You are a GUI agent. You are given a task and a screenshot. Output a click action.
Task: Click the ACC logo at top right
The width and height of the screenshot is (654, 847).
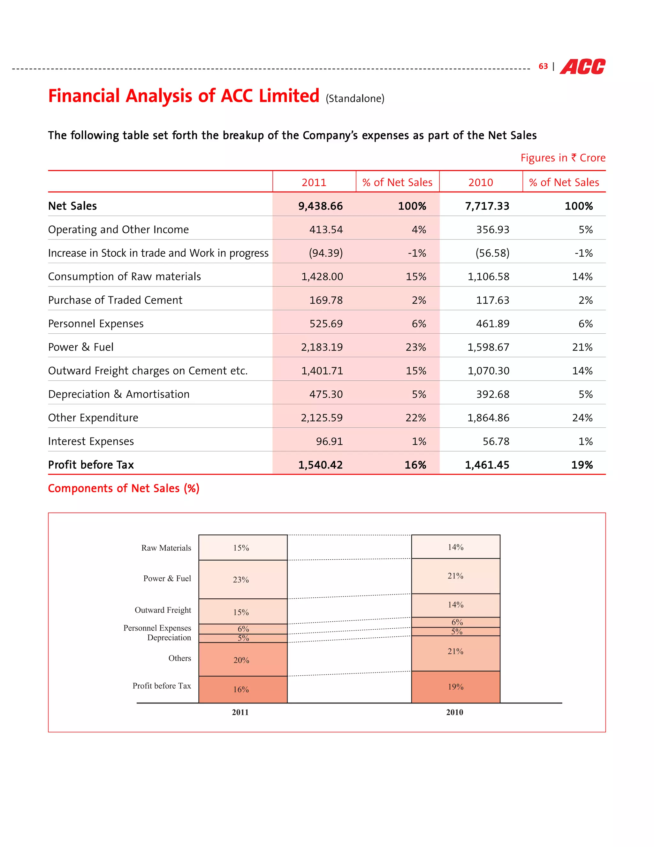[x=582, y=67]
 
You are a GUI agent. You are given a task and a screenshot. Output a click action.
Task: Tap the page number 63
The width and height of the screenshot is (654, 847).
[x=543, y=66]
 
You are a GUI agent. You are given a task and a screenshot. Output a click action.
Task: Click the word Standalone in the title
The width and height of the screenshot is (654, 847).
[x=355, y=98]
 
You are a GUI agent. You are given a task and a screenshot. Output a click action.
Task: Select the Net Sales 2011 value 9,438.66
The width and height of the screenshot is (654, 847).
[x=320, y=206]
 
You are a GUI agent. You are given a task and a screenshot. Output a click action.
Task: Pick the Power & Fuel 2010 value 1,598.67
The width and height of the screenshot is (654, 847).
[x=488, y=347]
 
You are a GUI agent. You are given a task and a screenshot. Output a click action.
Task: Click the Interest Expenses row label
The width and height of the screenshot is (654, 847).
[x=91, y=441]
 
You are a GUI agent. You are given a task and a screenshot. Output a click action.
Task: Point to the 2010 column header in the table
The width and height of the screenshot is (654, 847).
[x=480, y=182]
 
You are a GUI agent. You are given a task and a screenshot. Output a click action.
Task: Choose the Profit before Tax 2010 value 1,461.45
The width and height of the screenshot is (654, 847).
[x=487, y=465]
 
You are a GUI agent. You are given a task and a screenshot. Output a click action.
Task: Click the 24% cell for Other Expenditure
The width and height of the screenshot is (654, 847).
[x=582, y=418]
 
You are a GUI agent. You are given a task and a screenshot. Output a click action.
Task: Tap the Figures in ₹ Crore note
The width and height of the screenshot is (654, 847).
[x=563, y=158]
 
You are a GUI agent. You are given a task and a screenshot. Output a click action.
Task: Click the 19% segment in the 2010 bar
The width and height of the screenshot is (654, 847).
[x=456, y=687]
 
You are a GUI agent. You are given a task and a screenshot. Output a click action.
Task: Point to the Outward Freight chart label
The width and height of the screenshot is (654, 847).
[x=163, y=610]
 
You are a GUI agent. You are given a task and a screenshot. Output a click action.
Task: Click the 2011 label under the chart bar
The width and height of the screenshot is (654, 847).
[x=240, y=712]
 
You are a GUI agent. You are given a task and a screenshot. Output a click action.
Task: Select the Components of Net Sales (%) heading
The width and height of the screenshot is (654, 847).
[x=124, y=488]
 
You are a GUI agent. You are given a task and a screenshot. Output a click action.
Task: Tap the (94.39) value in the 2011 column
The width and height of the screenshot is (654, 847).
[x=326, y=253]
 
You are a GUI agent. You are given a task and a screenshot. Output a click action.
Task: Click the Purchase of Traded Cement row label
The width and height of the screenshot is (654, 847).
[x=115, y=300]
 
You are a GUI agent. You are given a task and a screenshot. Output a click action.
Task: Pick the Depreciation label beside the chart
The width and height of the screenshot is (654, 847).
[x=169, y=638]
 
